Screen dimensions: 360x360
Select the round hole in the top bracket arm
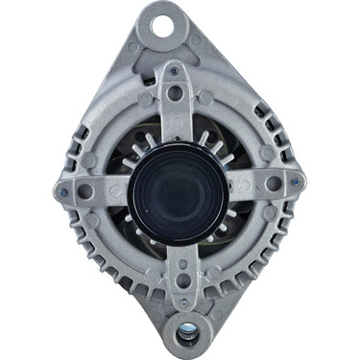175,93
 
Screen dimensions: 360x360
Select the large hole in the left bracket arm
86,190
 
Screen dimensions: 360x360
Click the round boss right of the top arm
205,97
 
